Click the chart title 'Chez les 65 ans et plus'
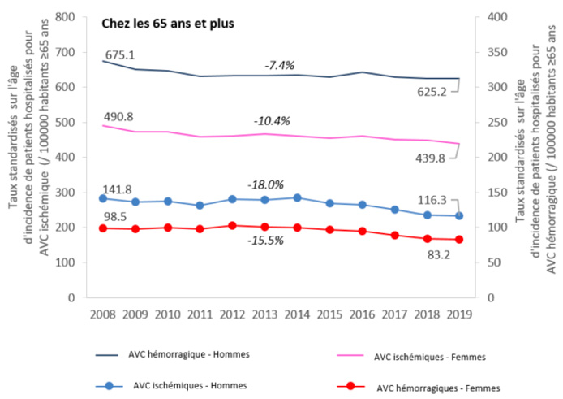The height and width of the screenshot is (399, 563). click(x=168, y=24)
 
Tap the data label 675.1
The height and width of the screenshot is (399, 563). click(x=119, y=54)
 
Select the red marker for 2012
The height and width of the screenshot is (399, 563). click(x=232, y=225)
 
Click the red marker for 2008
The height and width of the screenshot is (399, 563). click(x=102, y=228)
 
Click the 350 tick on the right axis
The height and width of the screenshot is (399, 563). click(x=496, y=52)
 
